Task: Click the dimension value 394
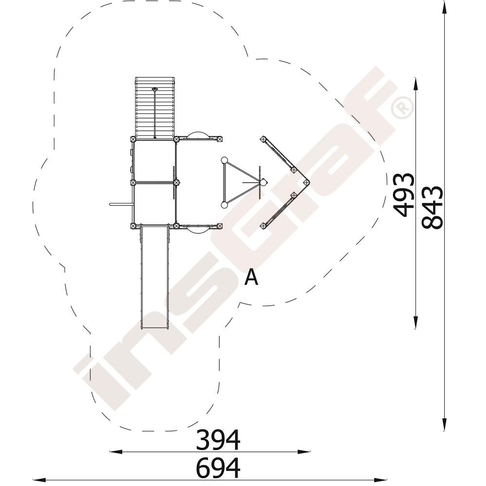pyautogui.click(x=218, y=439)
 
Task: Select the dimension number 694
pyautogui.click(x=218, y=468)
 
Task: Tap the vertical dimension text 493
pyautogui.click(x=404, y=194)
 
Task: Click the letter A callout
pyautogui.click(x=251, y=277)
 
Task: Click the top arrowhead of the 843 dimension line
pyautogui.click(x=445, y=7)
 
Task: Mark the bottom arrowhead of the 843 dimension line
pyautogui.click(x=445, y=424)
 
